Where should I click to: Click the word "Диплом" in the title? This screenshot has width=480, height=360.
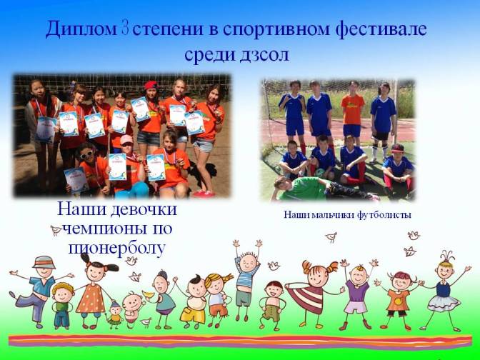click(x=81, y=30)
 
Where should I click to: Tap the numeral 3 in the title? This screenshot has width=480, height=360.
click(x=125, y=28)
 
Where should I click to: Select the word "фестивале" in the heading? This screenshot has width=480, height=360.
click(x=381, y=30)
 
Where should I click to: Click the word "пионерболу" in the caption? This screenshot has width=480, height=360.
click(x=117, y=249)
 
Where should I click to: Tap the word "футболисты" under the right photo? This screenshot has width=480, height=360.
click(x=384, y=215)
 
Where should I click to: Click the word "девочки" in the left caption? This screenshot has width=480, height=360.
click(x=144, y=209)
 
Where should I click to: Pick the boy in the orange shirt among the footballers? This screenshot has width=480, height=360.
click(x=353, y=112)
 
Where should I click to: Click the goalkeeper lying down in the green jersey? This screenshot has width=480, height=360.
click(x=325, y=188)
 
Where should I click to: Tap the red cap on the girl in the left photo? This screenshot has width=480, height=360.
click(x=151, y=84)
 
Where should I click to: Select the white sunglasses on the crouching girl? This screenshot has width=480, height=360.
click(x=86, y=154)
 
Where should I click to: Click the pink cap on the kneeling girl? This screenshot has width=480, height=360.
click(x=126, y=139)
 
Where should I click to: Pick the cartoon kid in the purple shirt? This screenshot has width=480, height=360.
click(x=356, y=294)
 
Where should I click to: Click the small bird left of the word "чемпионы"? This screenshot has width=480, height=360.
click(x=56, y=230)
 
